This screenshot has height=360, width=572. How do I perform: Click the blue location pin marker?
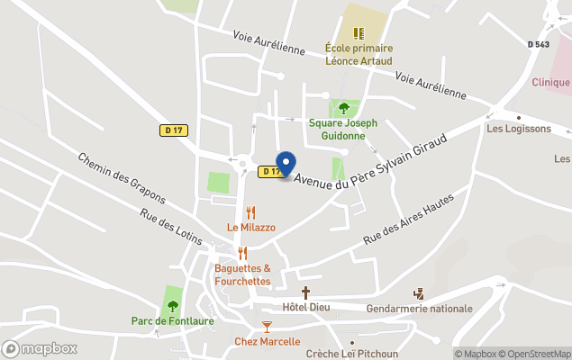point(286,164)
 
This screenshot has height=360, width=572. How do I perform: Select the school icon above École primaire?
point(359,33)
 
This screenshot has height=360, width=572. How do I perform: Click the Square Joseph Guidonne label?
point(343,129)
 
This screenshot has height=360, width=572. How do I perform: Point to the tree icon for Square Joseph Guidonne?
point(343,108)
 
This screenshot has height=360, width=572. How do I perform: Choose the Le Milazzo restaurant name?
point(251,228)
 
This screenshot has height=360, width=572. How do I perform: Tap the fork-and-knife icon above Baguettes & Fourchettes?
point(242,254)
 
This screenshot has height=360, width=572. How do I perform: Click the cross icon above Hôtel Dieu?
point(306,292)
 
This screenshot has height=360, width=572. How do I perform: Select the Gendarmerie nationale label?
point(420,309)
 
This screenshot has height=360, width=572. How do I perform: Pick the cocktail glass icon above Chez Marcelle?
point(266,326)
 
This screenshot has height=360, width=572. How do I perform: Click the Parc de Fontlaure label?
point(171,321)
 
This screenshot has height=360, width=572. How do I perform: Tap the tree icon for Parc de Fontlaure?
point(172,306)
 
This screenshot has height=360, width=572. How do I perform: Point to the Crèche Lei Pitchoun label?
point(352,354)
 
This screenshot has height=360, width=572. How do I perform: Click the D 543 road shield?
point(538,44)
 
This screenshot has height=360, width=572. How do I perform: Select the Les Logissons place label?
point(518,129)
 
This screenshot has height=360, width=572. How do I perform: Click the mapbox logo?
point(40,348)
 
